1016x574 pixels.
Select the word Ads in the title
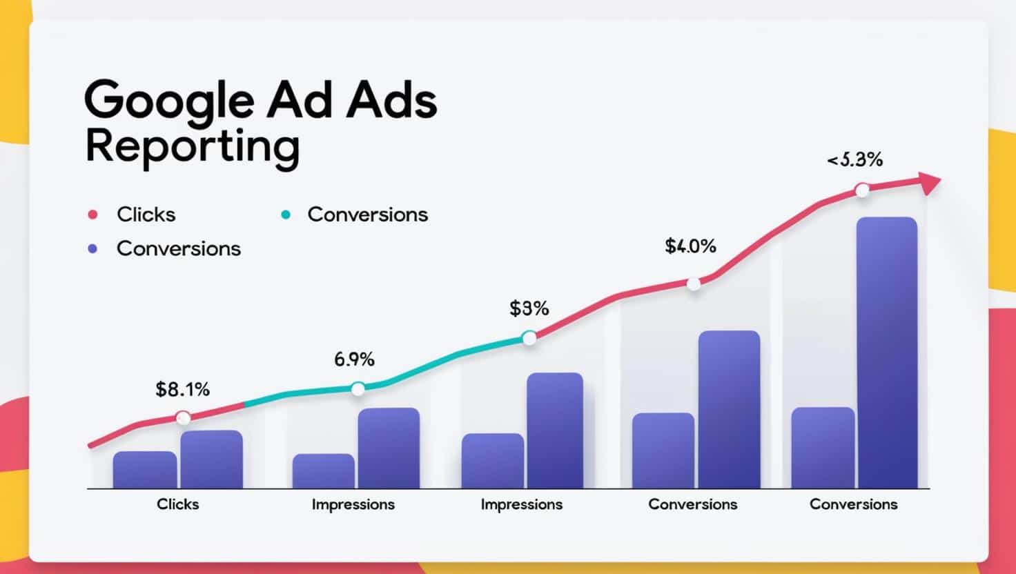392,101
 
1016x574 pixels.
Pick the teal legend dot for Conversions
286,215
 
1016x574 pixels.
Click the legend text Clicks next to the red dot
146,215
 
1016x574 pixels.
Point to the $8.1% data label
182,390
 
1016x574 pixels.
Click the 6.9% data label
354,359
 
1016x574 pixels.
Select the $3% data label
529,308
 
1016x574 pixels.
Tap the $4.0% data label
690,246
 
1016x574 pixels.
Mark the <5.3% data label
854,160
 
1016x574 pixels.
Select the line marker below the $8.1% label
183,417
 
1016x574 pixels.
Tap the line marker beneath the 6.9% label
358,389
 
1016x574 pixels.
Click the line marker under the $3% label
529,337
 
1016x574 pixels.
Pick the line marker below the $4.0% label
694,283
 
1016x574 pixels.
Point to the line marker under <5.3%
862,190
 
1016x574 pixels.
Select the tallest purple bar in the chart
886,353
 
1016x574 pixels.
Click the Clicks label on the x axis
177,504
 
